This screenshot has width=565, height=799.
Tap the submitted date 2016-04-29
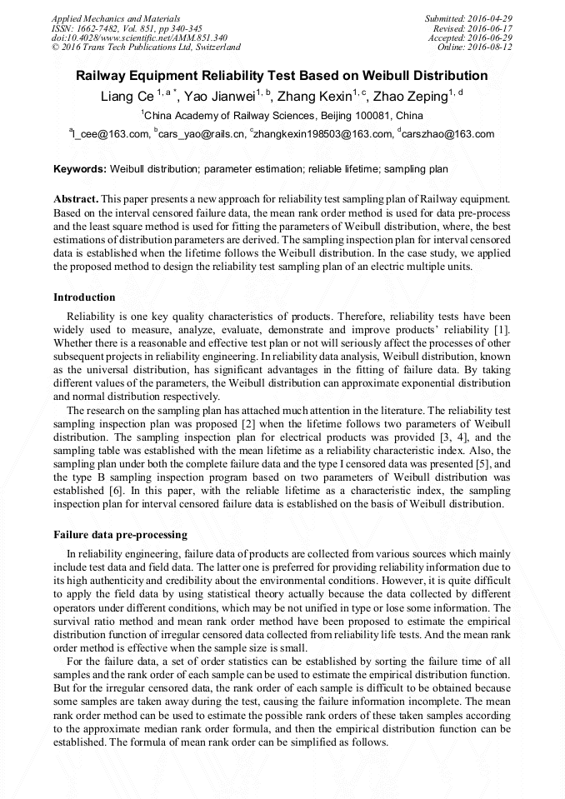489,18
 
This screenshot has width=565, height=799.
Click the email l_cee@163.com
112,134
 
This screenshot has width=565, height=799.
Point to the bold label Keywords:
80,169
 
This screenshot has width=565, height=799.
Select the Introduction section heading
84,297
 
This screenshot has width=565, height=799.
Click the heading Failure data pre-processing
120,534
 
